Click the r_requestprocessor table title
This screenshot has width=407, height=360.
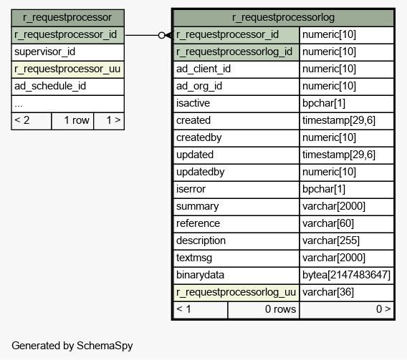pos(67,17)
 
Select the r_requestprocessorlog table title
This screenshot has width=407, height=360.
pos(283,17)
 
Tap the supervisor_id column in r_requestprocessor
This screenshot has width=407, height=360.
pos(44,52)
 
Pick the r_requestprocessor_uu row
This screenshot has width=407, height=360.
pos(67,69)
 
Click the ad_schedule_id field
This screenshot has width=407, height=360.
pos(50,86)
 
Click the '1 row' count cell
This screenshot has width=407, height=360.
pos(72,121)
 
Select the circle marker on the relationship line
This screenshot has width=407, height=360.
pos(161,35)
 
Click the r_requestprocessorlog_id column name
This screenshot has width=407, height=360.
pos(234,52)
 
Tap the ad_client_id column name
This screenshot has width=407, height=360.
pos(203,69)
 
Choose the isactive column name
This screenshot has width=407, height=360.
pos(193,103)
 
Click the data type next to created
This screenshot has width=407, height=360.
pos(339,120)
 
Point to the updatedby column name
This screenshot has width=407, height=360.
pos(200,172)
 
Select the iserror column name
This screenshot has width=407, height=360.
pos(191,189)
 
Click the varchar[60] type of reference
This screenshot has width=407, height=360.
pos(328,223)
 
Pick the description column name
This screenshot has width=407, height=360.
pos(201,240)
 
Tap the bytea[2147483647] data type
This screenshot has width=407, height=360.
pos(346,275)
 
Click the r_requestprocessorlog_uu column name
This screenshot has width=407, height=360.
pos(236,292)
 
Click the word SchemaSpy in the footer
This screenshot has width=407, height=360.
pos(105,346)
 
